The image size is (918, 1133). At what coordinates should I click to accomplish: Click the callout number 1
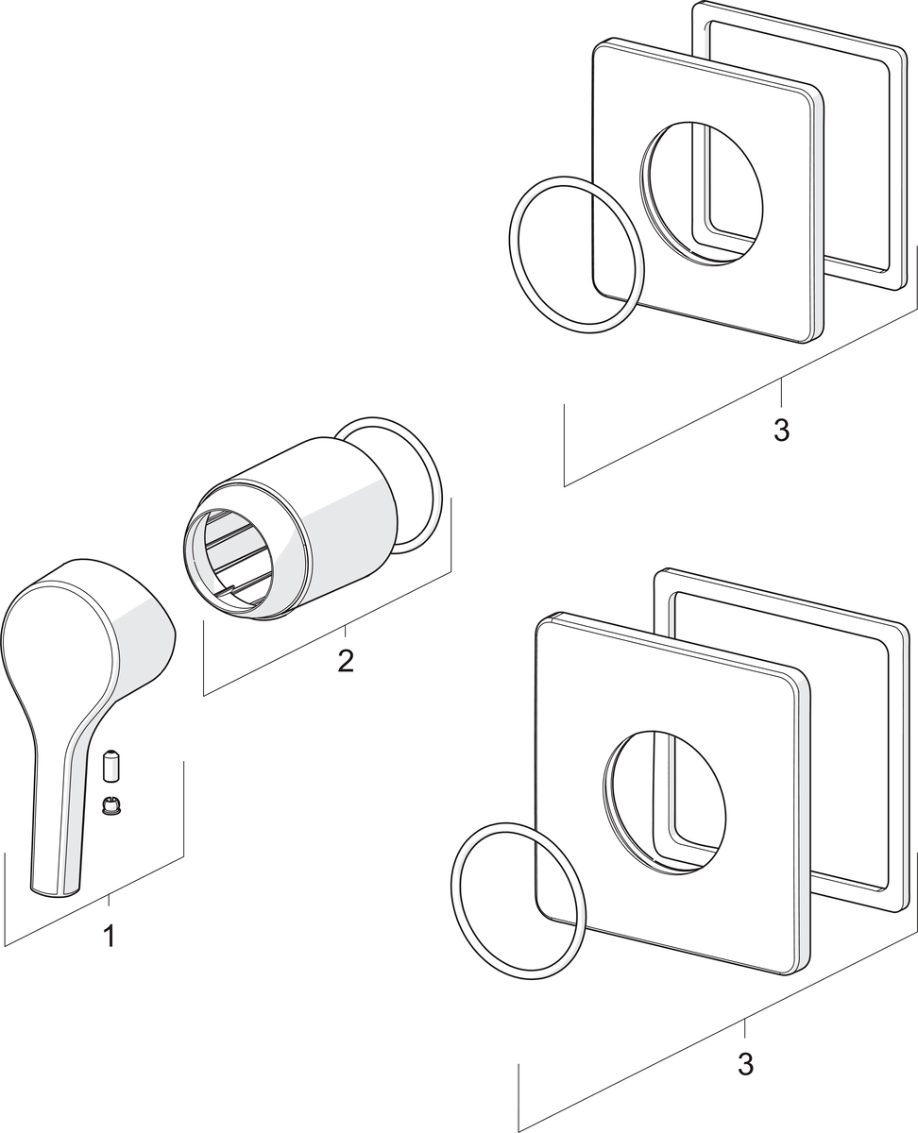pyautogui.click(x=109, y=937)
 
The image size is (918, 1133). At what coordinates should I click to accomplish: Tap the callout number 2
pyautogui.click(x=346, y=660)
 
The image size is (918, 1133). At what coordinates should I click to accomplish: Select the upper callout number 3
pyautogui.click(x=780, y=430)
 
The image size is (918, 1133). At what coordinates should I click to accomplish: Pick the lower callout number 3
pyautogui.click(x=745, y=1063)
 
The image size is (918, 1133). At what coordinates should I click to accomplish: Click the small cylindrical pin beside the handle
pyautogui.click(x=111, y=766)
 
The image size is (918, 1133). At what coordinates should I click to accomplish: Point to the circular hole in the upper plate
pyautogui.click(x=704, y=194)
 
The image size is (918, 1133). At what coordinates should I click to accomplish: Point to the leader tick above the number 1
pyautogui.click(x=109, y=902)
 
